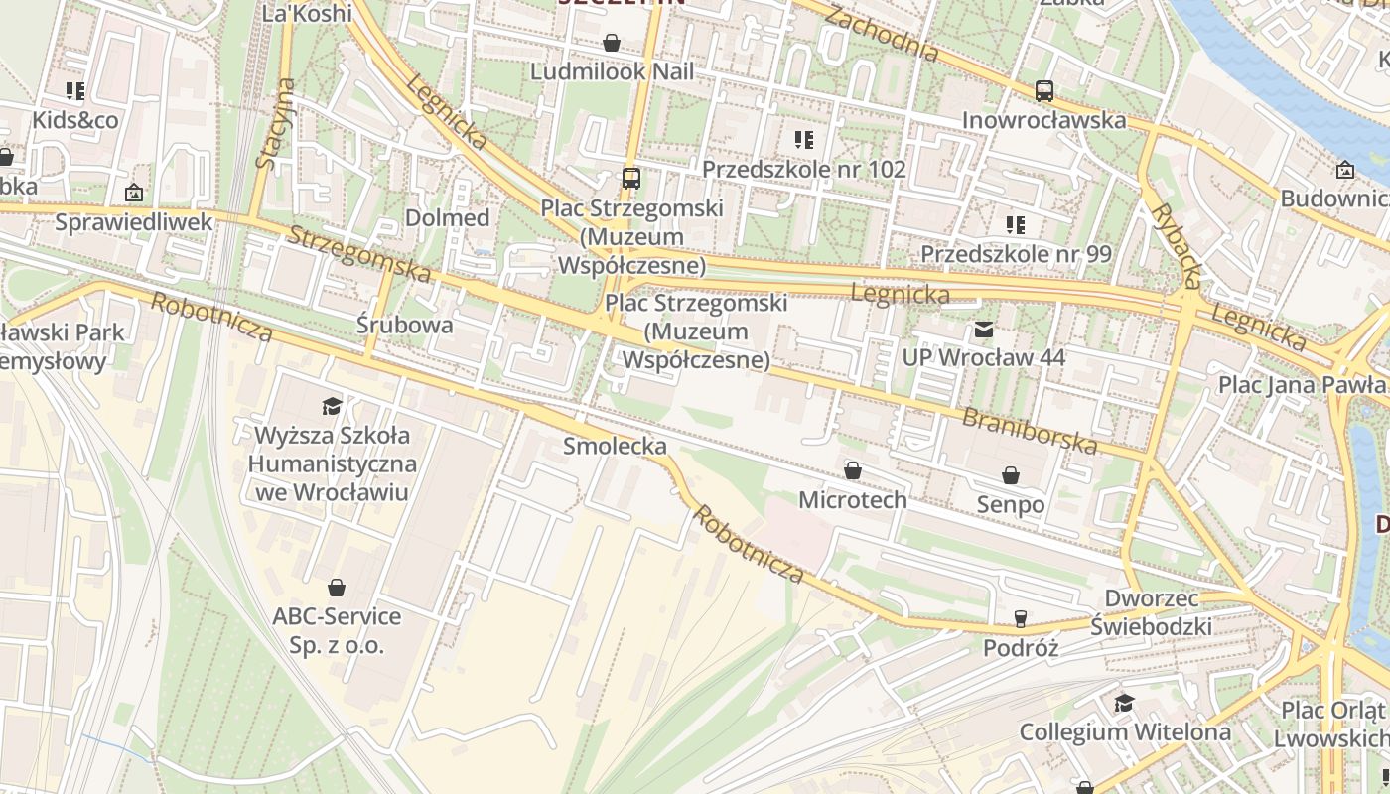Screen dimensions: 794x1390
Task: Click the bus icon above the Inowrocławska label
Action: [x=1043, y=91]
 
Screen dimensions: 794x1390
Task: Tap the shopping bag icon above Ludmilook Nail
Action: [x=612, y=43]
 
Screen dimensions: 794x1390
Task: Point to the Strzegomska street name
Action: [x=359, y=254]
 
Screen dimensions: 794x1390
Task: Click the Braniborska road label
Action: [x=1029, y=430]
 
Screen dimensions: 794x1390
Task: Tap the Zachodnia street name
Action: [x=881, y=34]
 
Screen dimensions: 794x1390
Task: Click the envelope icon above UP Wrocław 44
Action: [x=983, y=329]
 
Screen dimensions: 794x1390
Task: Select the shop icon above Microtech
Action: [x=852, y=470]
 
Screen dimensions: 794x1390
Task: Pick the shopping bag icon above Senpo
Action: [x=1011, y=476]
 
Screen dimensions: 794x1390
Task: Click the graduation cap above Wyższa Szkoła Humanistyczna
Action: [x=332, y=406]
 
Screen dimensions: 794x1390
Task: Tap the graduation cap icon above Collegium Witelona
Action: [x=1124, y=704]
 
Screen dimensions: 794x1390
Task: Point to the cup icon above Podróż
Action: [x=1020, y=619]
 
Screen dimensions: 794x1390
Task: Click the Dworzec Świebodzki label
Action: [x=1151, y=612]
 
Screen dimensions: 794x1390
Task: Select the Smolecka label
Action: [x=615, y=446]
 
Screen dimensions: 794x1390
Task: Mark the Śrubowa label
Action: [x=405, y=325]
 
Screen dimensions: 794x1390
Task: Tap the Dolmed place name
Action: [x=448, y=217]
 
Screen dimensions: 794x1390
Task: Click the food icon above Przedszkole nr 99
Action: [x=1015, y=225]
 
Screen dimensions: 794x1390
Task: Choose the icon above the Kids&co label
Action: [x=75, y=92]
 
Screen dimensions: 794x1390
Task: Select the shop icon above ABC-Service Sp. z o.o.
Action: [x=337, y=588]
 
